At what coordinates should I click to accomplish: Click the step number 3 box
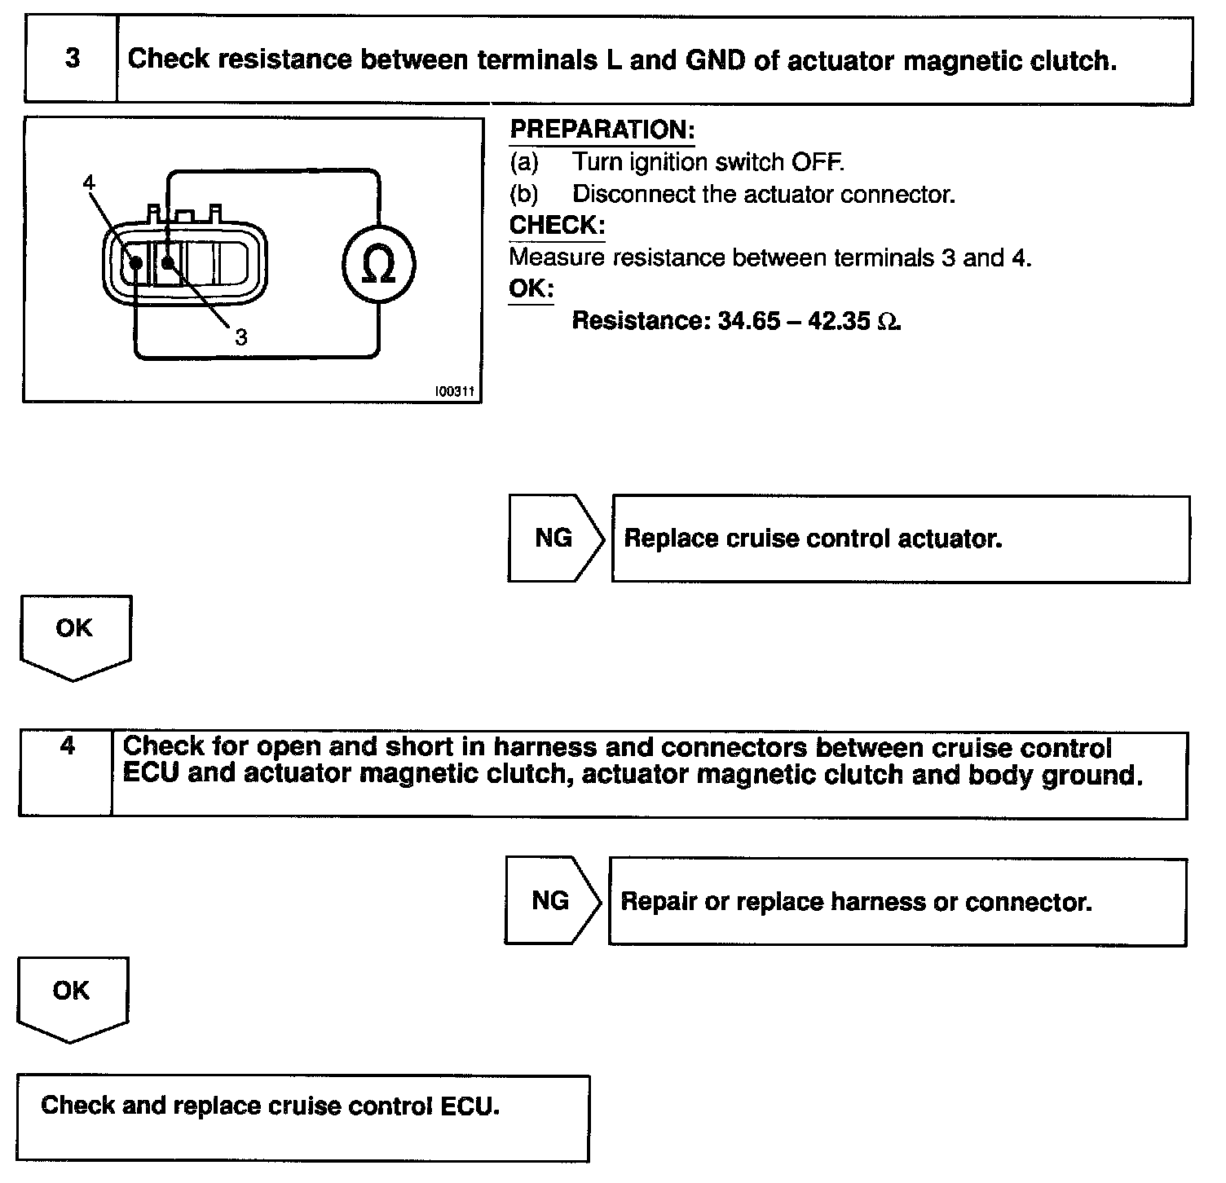[72, 59]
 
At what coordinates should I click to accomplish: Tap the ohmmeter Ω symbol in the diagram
[378, 265]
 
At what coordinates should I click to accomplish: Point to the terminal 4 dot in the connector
[136, 263]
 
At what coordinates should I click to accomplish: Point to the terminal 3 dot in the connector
[167, 262]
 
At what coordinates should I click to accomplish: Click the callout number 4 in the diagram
[89, 183]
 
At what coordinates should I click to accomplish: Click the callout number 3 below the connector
[240, 337]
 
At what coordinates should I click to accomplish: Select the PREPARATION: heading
[602, 130]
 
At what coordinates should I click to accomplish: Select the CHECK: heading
[557, 225]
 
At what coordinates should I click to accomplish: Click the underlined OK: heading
[531, 288]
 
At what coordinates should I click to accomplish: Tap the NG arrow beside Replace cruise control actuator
[554, 538]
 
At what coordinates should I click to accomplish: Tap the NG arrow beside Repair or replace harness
[551, 900]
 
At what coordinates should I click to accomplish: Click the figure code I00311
[454, 392]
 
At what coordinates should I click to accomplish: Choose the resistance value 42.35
[839, 320]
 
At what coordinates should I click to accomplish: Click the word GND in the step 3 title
[716, 59]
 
